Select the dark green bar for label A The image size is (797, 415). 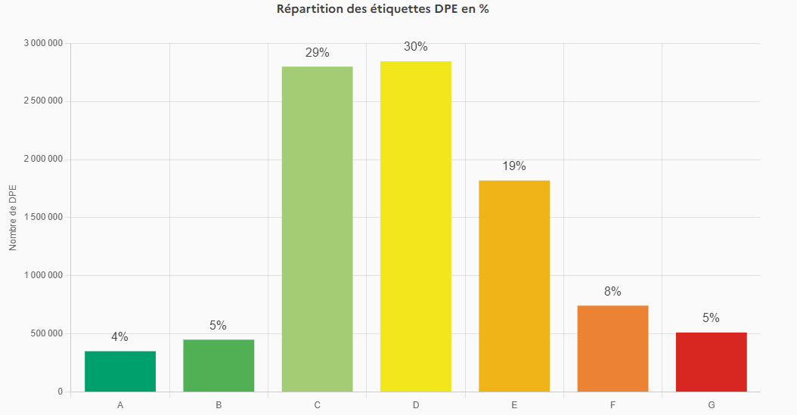pos(120,371)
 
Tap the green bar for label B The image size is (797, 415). pos(219,366)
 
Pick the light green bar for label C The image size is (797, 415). pos(317,229)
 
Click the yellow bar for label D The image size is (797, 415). pos(416,227)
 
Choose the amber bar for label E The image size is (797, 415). pos(514,286)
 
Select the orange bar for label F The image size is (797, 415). pos(612,348)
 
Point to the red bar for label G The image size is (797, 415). pos(711,362)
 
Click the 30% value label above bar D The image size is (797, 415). pos(416,47)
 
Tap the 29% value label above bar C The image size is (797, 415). pos(317,53)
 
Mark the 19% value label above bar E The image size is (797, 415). pos(514,166)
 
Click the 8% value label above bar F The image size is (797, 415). pos(612,292)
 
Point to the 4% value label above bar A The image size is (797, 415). pos(120,337)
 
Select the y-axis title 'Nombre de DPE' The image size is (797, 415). pos(13,218)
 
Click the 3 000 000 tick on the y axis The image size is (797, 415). pos(43,43)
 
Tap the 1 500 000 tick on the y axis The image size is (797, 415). pos(43,218)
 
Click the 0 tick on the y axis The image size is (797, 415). pos(60,392)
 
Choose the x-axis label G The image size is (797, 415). pos(711,405)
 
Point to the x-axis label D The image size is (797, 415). pos(416,405)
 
